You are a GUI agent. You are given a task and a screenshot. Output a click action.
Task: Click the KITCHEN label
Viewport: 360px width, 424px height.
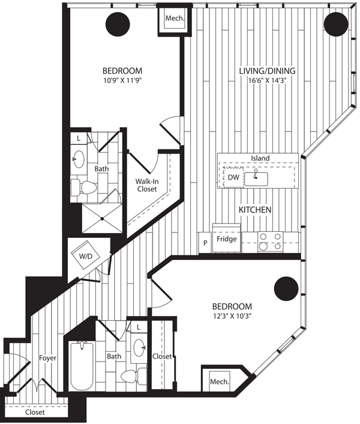point(255,210)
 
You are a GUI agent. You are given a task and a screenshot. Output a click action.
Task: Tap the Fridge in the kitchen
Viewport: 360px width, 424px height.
point(227,238)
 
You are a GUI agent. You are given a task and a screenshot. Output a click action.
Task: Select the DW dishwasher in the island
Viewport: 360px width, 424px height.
point(233,177)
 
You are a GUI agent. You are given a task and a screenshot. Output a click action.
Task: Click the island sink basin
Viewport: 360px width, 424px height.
point(256,179)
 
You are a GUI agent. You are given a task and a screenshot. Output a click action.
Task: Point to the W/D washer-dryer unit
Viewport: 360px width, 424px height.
point(85,255)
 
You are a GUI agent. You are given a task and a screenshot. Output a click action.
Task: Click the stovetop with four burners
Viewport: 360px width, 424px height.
point(271,241)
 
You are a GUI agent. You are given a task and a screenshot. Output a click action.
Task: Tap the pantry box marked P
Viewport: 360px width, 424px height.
point(205,243)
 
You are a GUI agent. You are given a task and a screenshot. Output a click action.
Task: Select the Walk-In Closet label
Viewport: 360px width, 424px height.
point(146,185)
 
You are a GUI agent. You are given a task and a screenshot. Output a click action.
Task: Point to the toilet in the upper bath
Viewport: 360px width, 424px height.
point(84,187)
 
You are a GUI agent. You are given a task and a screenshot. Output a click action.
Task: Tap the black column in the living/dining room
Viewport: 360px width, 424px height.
point(336,24)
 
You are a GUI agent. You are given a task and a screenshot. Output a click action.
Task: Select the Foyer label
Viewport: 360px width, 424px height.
point(47,358)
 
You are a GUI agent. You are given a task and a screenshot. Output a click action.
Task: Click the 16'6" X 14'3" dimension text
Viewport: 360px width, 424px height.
point(267,80)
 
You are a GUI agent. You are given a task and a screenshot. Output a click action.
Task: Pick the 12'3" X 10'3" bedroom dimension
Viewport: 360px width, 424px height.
point(232,316)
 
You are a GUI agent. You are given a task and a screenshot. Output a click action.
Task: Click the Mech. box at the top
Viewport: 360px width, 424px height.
point(175,18)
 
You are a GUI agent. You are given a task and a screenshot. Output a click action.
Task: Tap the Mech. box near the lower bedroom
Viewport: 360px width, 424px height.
point(219,381)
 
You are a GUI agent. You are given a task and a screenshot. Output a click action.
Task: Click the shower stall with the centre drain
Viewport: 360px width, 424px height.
point(102,218)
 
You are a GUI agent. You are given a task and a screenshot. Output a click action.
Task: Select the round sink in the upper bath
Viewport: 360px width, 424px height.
point(79,159)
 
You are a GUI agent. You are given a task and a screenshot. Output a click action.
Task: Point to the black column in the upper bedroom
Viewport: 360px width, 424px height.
point(118,24)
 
